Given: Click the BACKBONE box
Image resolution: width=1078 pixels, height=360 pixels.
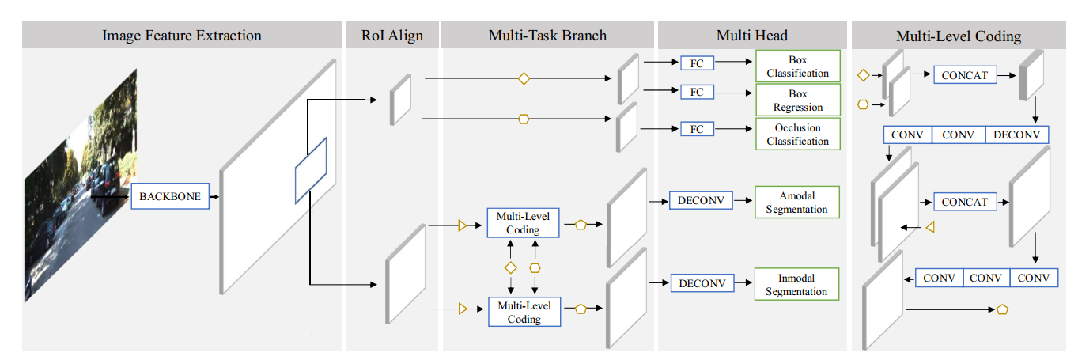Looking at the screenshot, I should tap(170, 196).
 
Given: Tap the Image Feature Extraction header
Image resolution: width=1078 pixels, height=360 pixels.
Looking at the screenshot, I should tap(182, 36).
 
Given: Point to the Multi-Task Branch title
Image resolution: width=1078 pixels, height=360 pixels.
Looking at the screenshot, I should tap(548, 36).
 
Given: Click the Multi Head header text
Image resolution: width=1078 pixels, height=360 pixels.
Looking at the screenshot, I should tap(751, 36).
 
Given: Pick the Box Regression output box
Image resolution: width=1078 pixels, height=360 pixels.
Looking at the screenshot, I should tap(797, 100).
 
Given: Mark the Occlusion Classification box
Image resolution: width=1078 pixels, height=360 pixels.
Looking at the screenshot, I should tap(797, 135).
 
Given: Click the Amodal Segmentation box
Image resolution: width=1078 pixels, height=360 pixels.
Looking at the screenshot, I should tap(796, 203).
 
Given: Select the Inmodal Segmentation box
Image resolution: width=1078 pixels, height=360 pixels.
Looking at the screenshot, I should tap(796, 285).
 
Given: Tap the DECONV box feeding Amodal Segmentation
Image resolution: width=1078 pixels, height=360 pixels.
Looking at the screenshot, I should tap(701, 201).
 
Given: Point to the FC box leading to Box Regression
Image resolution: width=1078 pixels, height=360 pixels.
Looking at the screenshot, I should tap(697, 93).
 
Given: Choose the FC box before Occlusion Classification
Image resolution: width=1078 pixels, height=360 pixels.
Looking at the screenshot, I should tap(697, 128).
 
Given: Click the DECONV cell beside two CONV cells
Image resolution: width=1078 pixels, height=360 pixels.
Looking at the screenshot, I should tap(1016, 135).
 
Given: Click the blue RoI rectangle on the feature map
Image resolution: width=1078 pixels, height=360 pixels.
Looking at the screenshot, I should tap(311, 169).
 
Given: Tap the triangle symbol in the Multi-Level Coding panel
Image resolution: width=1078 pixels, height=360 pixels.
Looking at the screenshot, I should tap(931, 228).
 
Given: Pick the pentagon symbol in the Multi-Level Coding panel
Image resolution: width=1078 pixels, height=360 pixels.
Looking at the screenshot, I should tap(1002, 310).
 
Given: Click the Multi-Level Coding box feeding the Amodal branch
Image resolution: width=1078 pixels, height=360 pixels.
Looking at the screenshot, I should tap(524, 223).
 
